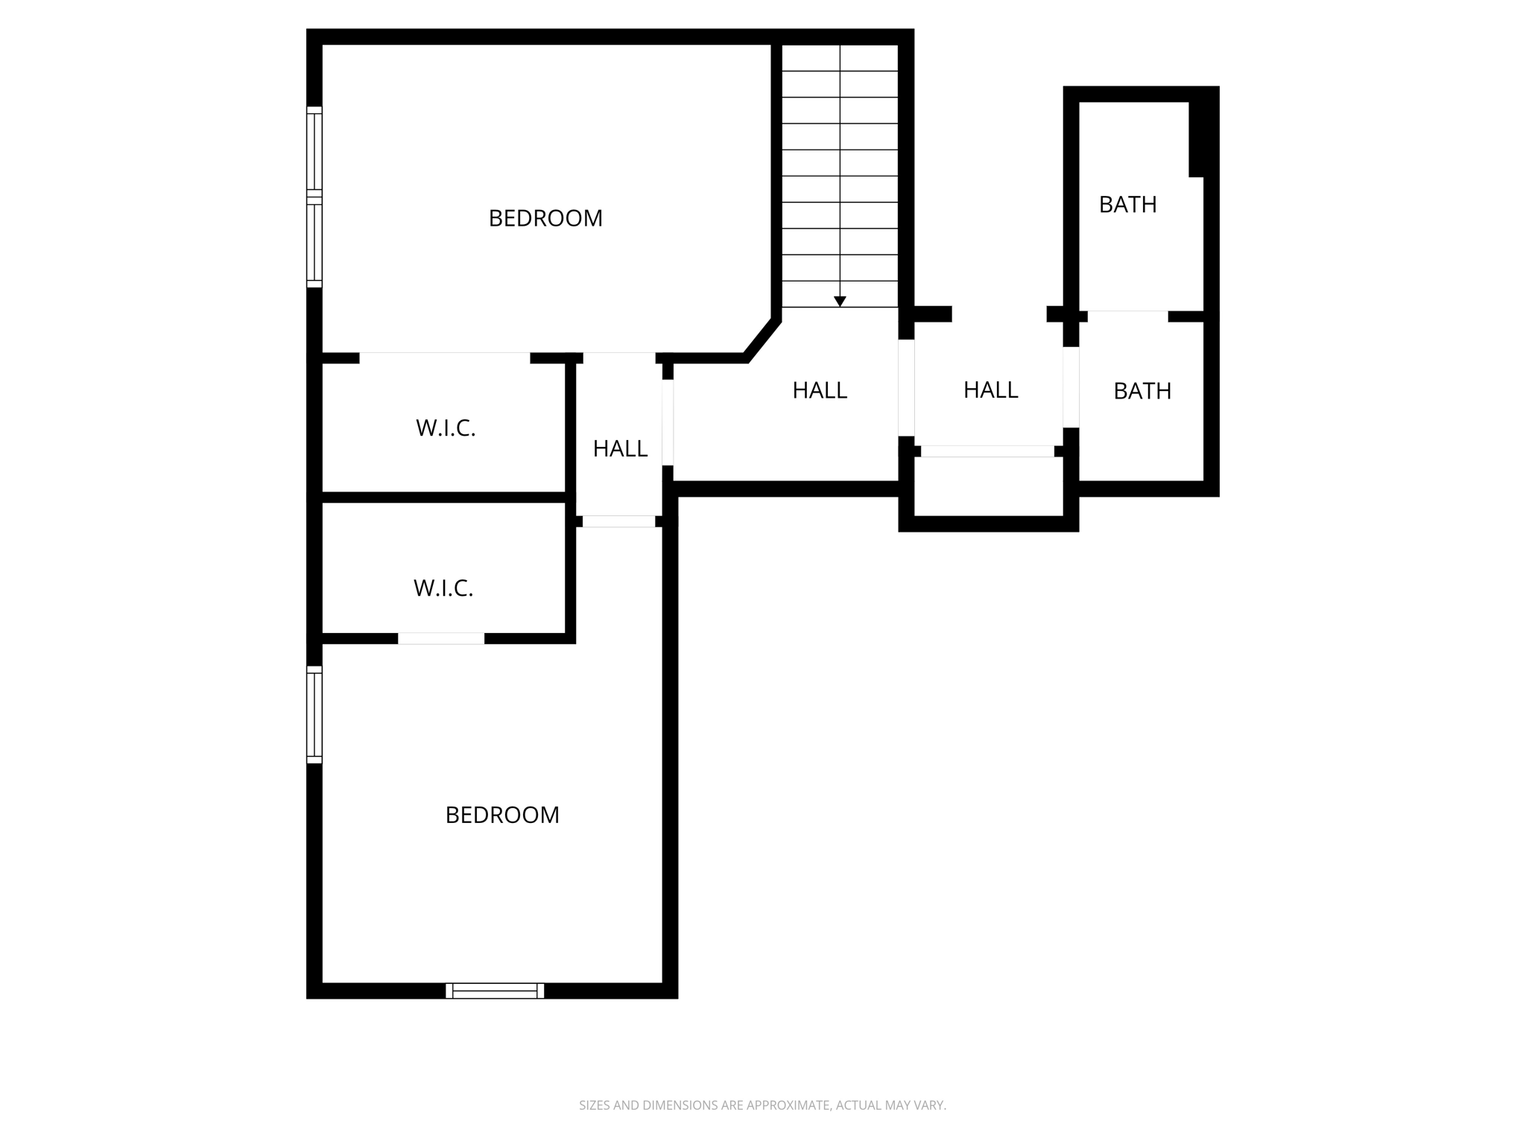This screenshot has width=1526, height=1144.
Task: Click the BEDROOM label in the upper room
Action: [x=545, y=218]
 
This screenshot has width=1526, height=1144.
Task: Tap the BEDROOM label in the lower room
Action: [x=502, y=815]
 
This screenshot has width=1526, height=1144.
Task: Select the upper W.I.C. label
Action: [x=446, y=428]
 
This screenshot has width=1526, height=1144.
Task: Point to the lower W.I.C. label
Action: [x=443, y=588]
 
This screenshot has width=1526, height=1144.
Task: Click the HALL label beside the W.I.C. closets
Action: [x=620, y=448]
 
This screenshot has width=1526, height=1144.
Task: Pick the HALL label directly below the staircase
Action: [x=820, y=390]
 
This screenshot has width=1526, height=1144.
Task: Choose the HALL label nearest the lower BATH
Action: [x=990, y=390]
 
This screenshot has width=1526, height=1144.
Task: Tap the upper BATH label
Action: [x=1127, y=204]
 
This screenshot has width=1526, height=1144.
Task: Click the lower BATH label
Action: [x=1142, y=391]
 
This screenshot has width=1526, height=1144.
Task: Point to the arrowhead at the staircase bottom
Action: [x=840, y=302]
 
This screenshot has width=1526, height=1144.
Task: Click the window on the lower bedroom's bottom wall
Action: [x=495, y=991]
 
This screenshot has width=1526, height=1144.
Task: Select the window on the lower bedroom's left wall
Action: [x=314, y=715]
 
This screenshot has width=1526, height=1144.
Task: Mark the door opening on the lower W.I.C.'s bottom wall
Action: [x=441, y=638]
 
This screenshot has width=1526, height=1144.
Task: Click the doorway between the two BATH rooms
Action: [x=1127, y=317]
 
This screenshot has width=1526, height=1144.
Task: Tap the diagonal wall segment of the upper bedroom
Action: [x=762, y=340]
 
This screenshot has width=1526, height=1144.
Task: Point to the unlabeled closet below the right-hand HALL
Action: [x=988, y=486]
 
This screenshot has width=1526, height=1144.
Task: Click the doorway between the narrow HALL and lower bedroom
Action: [x=618, y=521]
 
